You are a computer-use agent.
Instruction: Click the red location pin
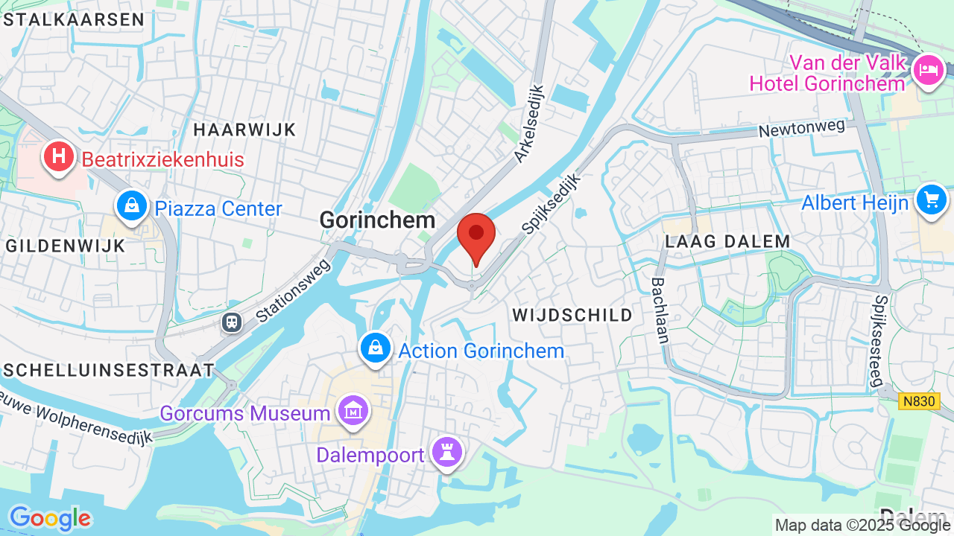click(x=476, y=234)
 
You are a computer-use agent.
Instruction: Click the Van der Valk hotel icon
click(x=929, y=69)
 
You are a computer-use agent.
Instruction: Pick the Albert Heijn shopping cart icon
click(x=931, y=200)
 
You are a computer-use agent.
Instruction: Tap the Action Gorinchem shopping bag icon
click(x=377, y=348)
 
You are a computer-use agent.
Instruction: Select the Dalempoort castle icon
click(x=447, y=451)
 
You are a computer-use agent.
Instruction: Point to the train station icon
click(x=232, y=322)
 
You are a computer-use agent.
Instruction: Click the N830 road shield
click(x=919, y=401)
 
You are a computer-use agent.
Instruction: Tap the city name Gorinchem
click(x=377, y=220)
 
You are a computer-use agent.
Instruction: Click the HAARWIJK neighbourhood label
click(x=245, y=130)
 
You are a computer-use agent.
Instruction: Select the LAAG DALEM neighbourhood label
click(x=727, y=241)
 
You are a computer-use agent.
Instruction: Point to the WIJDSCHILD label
click(x=572, y=315)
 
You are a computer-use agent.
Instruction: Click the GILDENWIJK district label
click(x=65, y=246)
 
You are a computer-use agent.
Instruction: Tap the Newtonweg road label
click(x=802, y=129)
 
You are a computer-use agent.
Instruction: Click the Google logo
click(x=49, y=518)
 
